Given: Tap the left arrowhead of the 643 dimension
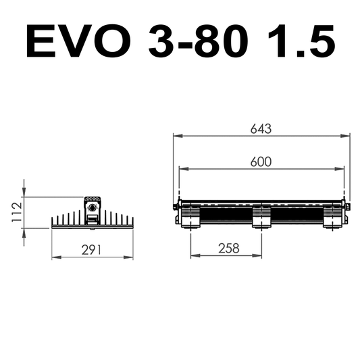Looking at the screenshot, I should coord(176,136).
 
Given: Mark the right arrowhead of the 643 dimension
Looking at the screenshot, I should coord(347,136).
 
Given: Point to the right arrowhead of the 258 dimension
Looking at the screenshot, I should coord(259,256).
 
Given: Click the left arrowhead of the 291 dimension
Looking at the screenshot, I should coord(55,257).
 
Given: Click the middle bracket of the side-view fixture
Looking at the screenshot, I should coord(261,217).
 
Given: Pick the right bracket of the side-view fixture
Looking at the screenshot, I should coord(333,218).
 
